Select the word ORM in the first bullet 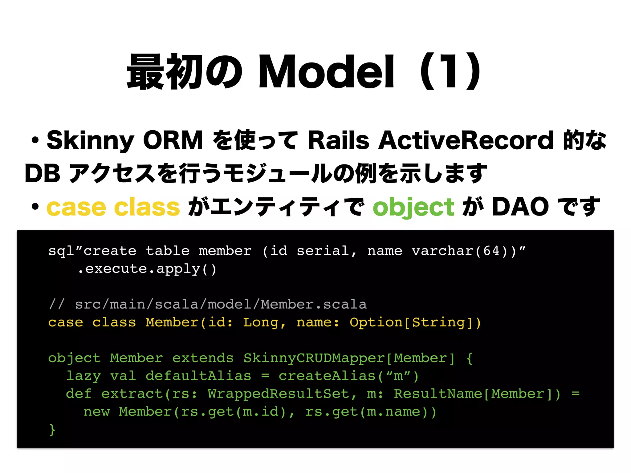[x=173, y=140]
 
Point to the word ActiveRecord [x=466, y=140]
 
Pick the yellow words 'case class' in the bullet [x=113, y=207]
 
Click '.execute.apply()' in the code [x=147, y=269]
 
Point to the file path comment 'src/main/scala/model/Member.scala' [x=221, y=305]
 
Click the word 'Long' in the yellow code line [x=261, y=322]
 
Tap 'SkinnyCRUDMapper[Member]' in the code [x=349, y=358]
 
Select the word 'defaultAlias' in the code [x=198, y=376]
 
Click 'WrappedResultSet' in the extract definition [x=278, y=394]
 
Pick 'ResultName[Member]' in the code [x=477, y=394]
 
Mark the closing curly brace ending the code [x=52, y=430]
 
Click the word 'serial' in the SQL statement [x=323, y=251]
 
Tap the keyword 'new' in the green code [x=97, y=412]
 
